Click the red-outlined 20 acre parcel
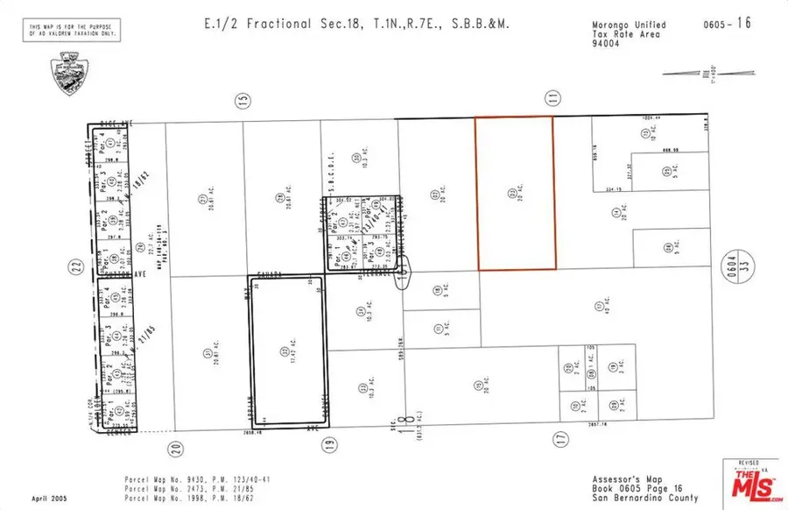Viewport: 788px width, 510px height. [x=515, y=193]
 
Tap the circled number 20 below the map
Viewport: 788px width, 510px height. [x=175, y=448]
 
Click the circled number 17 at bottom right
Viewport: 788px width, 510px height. [x=561, y=436]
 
